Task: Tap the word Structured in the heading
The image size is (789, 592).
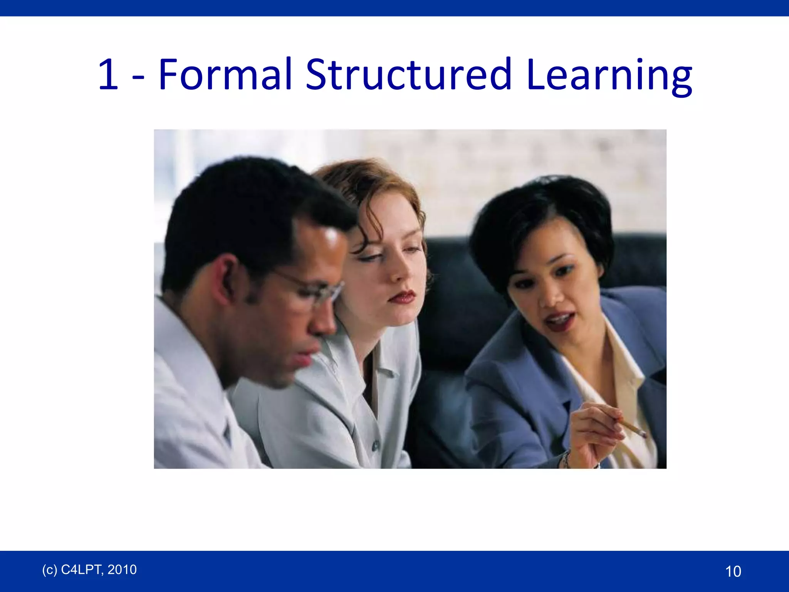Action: click(x=408, y=74)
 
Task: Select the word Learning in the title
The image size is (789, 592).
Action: click(x=609, y=75)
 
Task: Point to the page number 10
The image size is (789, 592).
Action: click(x=733, y=571)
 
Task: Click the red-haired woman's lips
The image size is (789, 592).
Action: click(x=402, y=297)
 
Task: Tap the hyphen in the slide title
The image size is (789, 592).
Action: click(x=138, y=77)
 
